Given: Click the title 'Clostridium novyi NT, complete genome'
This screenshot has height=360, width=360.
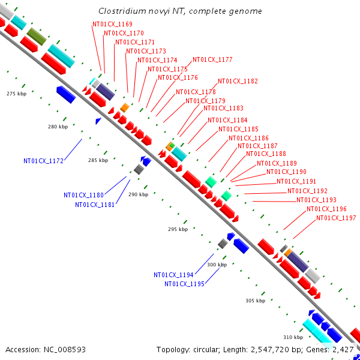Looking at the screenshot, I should pos(180,11).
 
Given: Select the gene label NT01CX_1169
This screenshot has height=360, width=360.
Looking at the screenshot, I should pos(112,24).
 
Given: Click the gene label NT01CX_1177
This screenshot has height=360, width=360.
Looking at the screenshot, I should pos(212,60).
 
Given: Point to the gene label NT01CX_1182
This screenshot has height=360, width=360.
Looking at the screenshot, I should pos(238,81).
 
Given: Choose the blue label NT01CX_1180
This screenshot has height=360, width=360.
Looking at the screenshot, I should pos(84,195).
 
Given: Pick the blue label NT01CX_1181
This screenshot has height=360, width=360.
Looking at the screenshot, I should pos(95,205).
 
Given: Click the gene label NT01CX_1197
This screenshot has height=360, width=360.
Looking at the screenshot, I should pos(337,218).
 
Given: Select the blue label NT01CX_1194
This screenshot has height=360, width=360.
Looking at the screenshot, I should pos(174,275).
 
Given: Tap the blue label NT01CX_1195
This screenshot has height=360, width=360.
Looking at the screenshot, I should pos(185,284).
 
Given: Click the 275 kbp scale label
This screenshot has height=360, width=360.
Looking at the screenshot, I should pos(17,94).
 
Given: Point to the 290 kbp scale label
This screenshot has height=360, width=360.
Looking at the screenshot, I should pos(138,194).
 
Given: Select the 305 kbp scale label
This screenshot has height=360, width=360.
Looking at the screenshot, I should pos(255,301).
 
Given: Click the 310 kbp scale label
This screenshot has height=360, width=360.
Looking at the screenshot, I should pos(293,337).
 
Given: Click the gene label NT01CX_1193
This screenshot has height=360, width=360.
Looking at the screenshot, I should pos(316,200).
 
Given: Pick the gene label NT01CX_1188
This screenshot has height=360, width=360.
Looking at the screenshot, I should pos(266,154).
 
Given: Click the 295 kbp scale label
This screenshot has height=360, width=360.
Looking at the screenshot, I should pos(178,229).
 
